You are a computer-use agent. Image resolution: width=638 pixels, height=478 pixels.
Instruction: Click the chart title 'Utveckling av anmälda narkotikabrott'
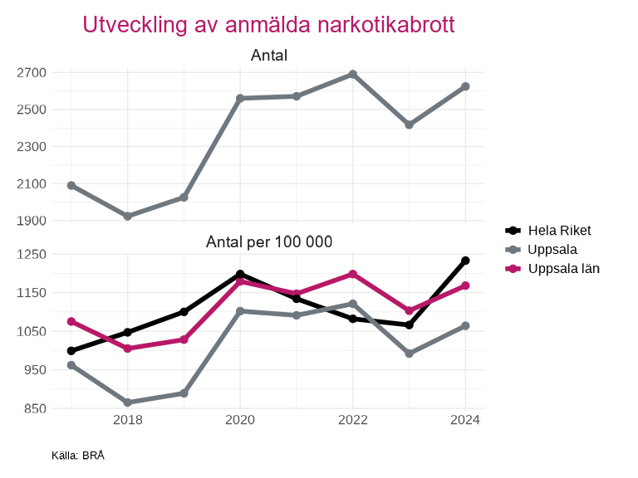coord(268,25)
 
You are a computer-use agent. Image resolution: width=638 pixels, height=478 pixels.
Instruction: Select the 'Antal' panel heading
coord(268,56)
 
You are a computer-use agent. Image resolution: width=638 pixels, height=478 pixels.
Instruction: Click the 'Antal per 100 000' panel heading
coord(268,242)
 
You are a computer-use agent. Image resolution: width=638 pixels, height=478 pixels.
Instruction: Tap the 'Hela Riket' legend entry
coord(559,230)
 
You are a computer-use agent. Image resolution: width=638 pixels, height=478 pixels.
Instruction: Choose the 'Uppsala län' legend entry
coord(563,268)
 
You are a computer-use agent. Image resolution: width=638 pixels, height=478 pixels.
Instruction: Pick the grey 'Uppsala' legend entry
coord(552,249)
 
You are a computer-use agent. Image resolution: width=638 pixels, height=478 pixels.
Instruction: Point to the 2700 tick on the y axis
coord(31,73)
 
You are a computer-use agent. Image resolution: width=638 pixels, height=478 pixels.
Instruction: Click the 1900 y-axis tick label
coord(31,221)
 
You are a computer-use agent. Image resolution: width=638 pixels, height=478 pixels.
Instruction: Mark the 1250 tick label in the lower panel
coord(31,255)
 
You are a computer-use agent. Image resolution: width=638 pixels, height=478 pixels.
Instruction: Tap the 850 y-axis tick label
coord(31,408)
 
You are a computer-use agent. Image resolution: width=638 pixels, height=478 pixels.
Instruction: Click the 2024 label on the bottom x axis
coord(465,420)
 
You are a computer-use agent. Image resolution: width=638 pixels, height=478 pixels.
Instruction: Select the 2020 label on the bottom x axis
coord(240,420)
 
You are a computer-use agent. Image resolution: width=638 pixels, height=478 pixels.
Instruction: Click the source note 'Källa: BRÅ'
coord(78,456)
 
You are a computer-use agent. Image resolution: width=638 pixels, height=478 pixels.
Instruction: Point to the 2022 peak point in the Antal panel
coord(353,75)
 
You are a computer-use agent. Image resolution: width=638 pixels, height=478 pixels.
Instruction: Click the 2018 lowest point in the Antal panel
coord(128,217)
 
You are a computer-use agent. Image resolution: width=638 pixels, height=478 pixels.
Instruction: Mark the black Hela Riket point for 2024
coord(465,261)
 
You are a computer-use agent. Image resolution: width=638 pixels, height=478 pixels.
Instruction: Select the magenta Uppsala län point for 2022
coord(353,274)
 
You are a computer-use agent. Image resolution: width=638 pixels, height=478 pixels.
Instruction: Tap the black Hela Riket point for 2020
coord(240,274)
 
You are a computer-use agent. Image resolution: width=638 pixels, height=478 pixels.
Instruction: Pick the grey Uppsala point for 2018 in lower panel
coord(128,402)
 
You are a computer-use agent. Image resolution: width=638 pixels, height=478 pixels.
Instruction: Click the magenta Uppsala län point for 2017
coord(71,321)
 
